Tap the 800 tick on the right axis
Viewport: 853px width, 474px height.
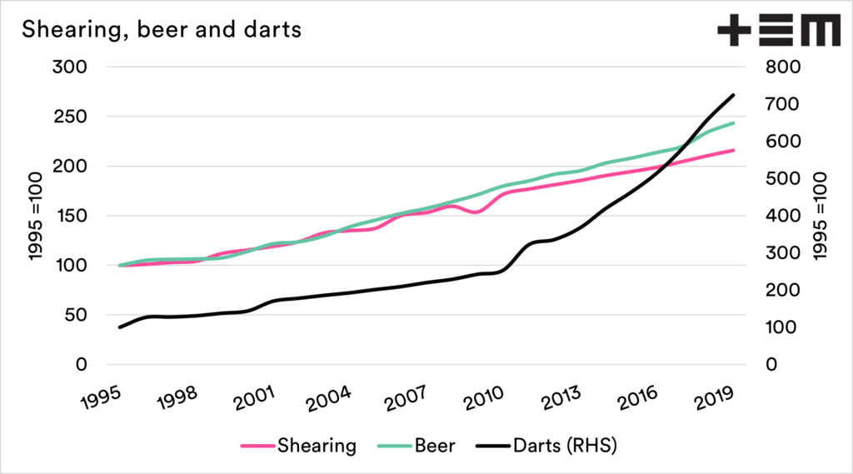(x=782, y=67)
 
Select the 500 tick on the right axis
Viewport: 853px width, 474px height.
(x=782, y=178)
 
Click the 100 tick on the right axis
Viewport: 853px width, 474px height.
(x=782, y=327)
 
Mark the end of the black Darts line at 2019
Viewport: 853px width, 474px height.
(x=733, y=95)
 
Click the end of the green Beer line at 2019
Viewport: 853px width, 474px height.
(x=733, y=123)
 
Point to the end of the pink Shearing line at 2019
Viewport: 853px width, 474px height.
(x=733, y=150)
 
